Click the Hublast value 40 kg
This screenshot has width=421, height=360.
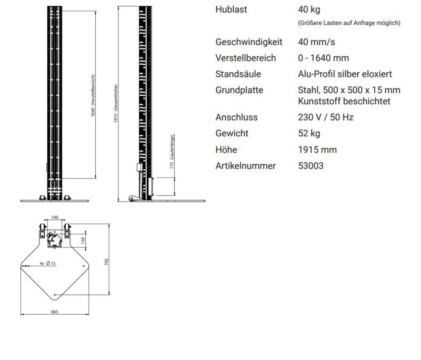(x=308, y=9)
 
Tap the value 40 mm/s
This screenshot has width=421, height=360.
(x=316, y=42)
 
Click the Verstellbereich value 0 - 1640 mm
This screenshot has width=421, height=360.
(x=323, y=58)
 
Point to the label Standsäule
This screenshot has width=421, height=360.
(x=238, y=74)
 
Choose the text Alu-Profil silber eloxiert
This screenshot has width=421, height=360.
(x=345, y=74)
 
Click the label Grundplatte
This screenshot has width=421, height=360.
(x=239, y=90)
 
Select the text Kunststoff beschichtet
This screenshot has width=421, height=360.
(x=344, y=101)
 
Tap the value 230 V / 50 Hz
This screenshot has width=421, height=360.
(x=325, y=117)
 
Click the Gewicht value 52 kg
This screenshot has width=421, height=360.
(x=309, y=133)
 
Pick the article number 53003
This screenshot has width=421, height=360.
(x=310, y=166)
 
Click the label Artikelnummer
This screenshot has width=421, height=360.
(x=245, y=166)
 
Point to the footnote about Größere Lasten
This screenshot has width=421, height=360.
(x=348, y=23)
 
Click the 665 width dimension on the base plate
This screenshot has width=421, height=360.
(x=54, y=312)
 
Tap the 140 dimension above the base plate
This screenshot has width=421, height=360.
(x=54, y=217)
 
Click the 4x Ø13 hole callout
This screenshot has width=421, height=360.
(x=48, y=263)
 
